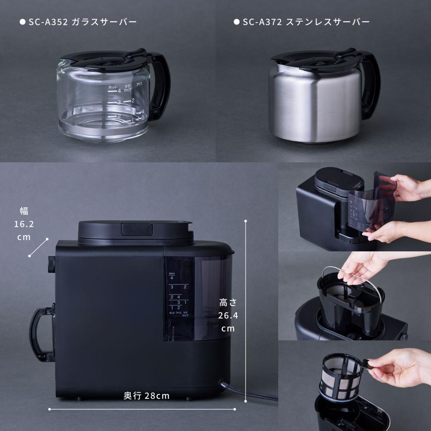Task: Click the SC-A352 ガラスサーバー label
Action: (x=78, y=22)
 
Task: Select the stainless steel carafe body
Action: (x=314, y=105)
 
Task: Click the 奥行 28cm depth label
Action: (x=147, y=396)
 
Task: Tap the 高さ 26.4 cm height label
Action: (x=227, y=315)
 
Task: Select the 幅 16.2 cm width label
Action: (x=23, y=224)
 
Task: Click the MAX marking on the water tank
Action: (x=171, y=273)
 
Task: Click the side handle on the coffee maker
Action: (x=42, y=335)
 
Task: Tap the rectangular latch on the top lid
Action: (x=136, y=228)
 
